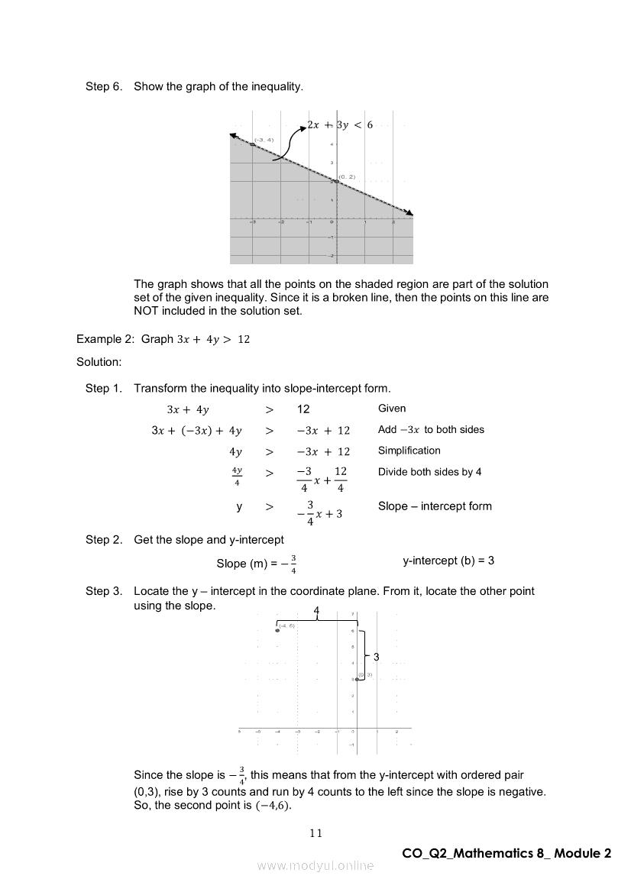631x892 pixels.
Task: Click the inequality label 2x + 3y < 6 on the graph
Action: point(340,124)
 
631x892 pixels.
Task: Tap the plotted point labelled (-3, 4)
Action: point(253,144)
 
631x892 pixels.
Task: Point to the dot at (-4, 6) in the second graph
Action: point(277,630)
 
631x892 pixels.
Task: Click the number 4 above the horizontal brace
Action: point(316,610)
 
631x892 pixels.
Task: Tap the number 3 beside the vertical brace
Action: point(377,657)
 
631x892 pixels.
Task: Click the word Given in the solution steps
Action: point(392,409)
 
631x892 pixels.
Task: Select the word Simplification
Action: point(409,451)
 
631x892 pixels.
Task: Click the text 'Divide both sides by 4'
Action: point(429,472)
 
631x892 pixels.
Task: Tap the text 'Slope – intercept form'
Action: point(435,506)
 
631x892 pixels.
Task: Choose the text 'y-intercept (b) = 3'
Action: point(448,561)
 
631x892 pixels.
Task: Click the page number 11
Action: point(315,833)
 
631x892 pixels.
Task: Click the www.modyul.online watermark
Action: point(315,866)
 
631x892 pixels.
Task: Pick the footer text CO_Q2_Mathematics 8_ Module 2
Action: point(506,853)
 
